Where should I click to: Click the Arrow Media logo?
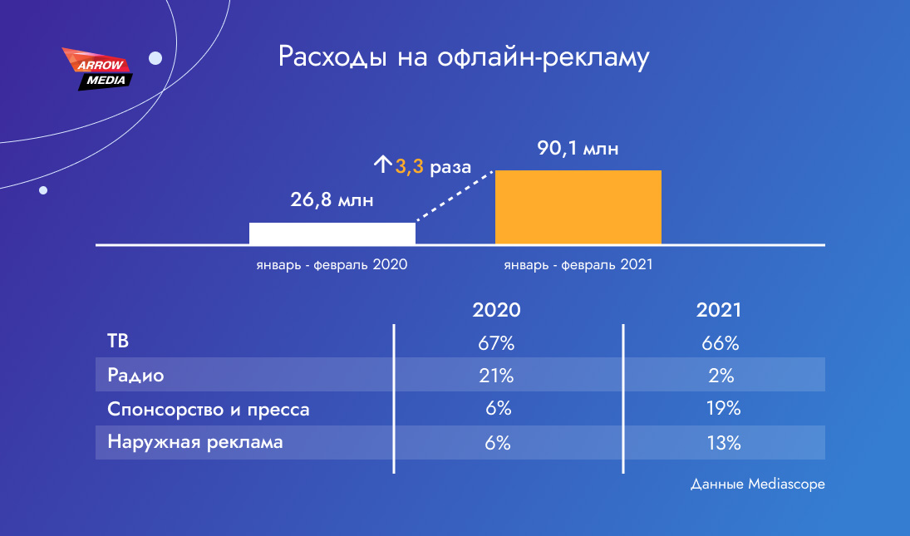[97, 69]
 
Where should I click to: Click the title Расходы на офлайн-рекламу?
[463, 57]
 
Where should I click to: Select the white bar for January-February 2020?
[332, 234]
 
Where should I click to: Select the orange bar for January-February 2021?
[578, 207]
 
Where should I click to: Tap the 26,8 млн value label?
[332, 199]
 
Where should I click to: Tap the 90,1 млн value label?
[578, 148]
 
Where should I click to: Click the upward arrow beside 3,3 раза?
[382, 165]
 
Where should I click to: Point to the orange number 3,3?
[409, 166]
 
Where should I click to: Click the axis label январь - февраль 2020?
[332, 264]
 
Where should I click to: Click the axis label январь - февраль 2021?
[578, 264]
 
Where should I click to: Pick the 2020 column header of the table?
[496, 310]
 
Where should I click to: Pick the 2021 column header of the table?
[719, 310]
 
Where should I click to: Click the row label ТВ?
[118, 341]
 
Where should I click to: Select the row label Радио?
[135, 376]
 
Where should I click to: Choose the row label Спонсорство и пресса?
[209, 410]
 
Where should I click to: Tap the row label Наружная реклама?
[195, 442]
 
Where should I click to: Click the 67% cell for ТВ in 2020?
[496, 343]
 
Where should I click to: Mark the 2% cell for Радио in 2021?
[721, 376]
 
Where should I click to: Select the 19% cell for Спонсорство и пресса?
[723, 408]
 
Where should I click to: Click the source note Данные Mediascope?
[757, 484]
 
